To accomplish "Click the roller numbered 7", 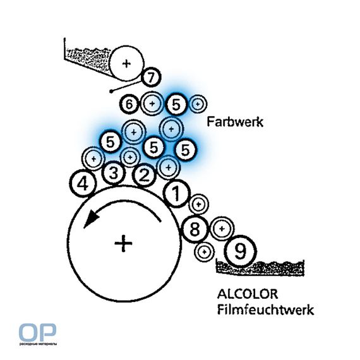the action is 151,77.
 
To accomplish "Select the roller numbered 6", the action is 129,104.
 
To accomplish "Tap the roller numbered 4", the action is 83,183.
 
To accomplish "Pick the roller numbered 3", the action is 114,173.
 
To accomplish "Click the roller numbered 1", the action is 177,193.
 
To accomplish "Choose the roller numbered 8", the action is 195,229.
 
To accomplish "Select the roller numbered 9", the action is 241,251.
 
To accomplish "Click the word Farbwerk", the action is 235,122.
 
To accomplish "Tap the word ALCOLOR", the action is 248,294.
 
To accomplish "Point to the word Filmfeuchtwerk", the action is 265,309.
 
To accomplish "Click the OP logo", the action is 37,332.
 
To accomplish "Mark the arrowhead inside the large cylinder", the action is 91,219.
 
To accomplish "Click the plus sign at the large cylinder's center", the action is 124,243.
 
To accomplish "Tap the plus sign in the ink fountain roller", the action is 126,64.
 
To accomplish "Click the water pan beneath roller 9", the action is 260,268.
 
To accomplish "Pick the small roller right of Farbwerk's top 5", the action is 198,104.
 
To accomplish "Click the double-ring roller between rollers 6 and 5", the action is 152,104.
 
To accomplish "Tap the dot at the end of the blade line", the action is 111,92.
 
